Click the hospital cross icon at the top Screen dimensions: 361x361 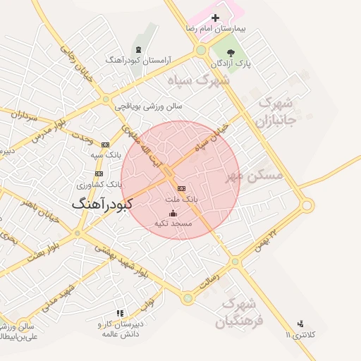pos(216,18)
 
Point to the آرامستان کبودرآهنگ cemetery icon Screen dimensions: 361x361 pos(139,49)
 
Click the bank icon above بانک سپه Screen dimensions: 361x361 pos(106,144)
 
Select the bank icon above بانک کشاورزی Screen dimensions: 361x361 pos(99,173)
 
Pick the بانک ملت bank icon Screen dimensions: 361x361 pos(182,189)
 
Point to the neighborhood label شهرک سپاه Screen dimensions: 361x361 pos(199,80)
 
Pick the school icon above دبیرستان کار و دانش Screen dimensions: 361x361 pos(120,313)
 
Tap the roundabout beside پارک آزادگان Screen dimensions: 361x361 pos(202,51)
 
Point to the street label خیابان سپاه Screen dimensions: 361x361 pos(214,142)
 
